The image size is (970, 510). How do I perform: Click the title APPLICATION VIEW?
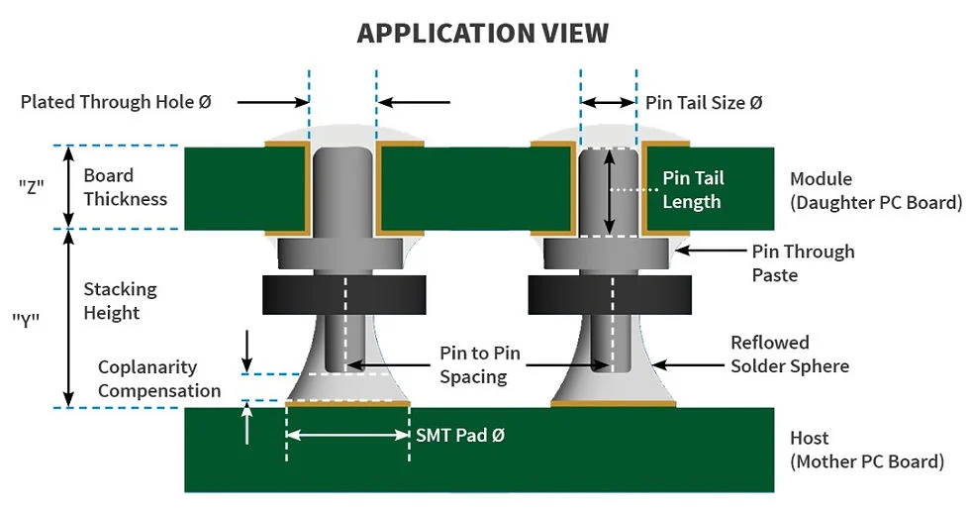483,33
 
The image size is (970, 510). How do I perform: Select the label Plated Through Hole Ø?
116,101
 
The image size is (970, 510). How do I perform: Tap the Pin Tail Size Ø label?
704,102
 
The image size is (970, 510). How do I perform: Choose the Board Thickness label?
125,186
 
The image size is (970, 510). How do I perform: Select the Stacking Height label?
120,301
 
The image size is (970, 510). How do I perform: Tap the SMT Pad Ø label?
460,435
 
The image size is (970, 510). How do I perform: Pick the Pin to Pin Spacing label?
473,364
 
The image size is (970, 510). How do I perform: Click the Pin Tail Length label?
693,189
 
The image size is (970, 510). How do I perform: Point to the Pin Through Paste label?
803,262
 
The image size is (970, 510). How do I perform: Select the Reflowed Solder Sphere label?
789,355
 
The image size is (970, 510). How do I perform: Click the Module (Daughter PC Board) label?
875,191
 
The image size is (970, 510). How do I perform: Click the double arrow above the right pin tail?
608,102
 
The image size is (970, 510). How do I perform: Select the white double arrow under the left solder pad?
347,435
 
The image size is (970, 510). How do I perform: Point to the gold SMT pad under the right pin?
613,404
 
